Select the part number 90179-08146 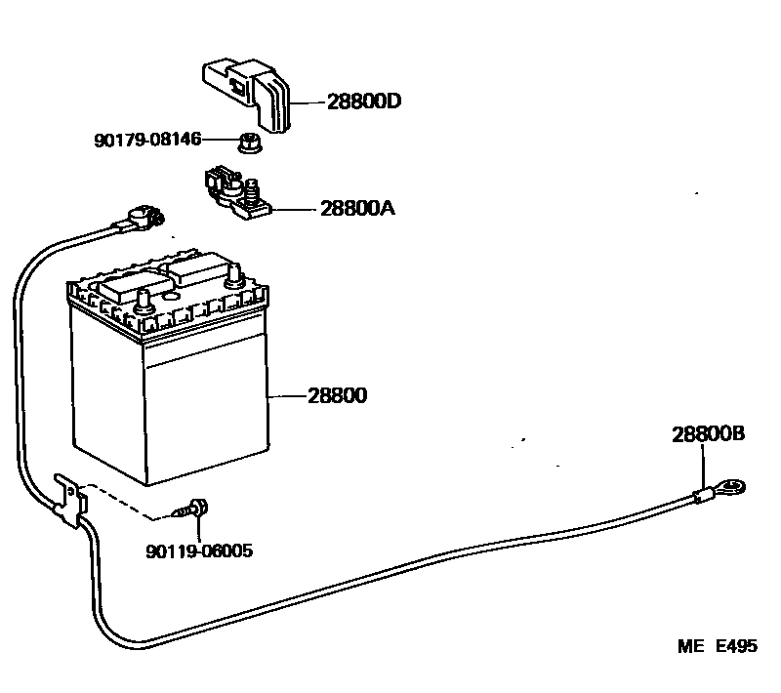pyautogui.click(x=147, y=141)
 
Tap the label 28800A pyautogui.click(x=356, y=209)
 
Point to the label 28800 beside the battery pyautogui.click(x=338, y=397)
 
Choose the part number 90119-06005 pyautogui.click(x=199, y=551)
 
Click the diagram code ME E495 pyautogui.click(x=718, y=647)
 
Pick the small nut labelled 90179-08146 pyautogui.click(x=249, y=144)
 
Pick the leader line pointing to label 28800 pyautogui.click(x=288, y=397)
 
